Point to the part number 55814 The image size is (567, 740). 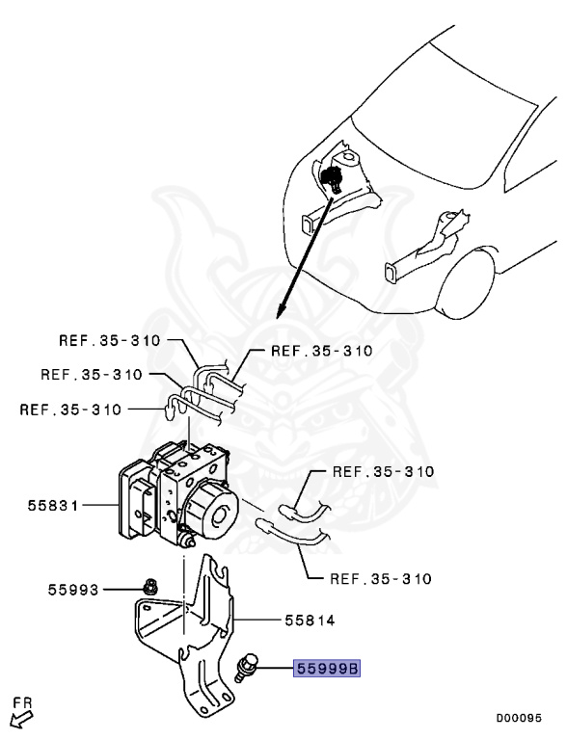point(309,621)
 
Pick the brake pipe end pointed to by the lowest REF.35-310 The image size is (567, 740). point(270,527)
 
